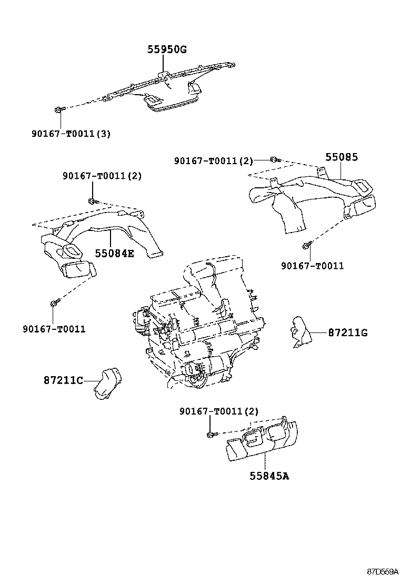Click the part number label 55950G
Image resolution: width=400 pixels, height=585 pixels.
click(x=166, y=50)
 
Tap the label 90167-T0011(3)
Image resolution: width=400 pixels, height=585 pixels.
click(x=71, y=133)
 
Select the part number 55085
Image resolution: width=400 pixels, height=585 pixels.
click(x=341, y=157)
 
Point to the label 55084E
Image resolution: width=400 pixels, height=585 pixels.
click(x=114, y=253)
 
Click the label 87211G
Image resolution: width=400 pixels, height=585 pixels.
click(x=347, y=332)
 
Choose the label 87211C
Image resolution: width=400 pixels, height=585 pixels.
click(x=63, y=379)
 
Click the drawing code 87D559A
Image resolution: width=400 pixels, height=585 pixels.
click(x=383, y=570)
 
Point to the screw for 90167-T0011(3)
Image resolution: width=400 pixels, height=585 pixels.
click(x=58, y=109)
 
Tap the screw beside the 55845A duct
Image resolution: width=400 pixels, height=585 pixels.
click(x=212, y=435)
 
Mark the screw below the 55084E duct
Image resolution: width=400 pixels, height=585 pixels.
click(x=54, y=304)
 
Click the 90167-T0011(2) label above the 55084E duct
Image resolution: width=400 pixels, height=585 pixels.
click(x=102, y=175)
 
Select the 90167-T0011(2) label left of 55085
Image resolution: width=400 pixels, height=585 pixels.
click(x=214, y=160)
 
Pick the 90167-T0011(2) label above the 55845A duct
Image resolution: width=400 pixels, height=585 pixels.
click(x=218, y=410)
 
